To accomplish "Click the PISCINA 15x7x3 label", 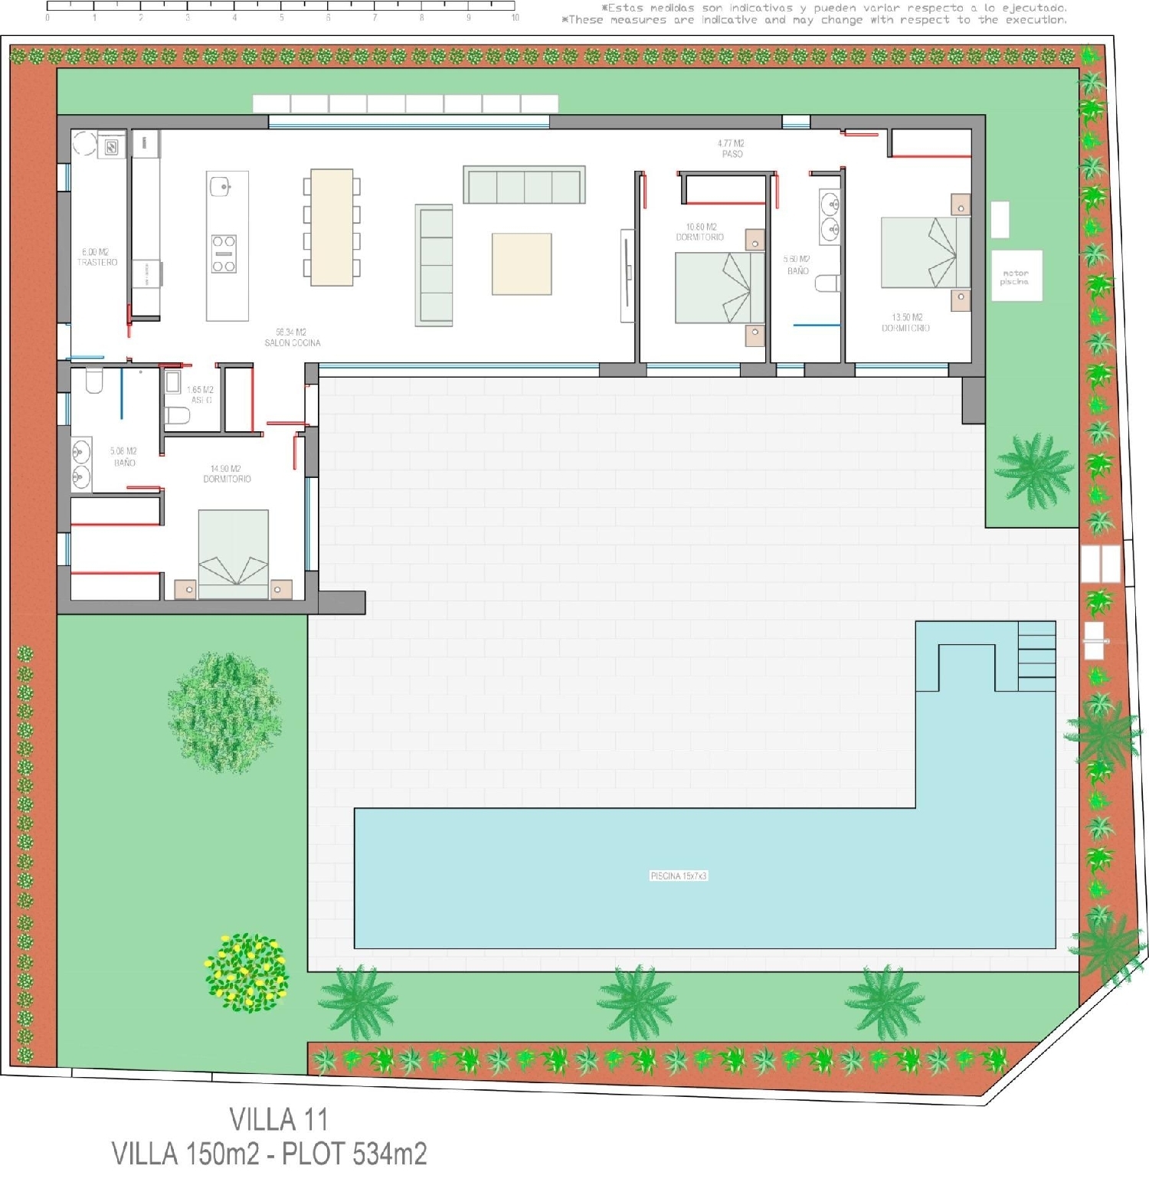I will pos(679,876).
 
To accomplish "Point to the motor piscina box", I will pos(1016,276).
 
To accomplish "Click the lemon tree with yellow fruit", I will pos(247,971).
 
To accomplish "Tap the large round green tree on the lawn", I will pos(224,710).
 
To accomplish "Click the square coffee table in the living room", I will pos(522,264).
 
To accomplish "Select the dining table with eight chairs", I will pos(332,227).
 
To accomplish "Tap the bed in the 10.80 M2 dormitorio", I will pos(719,287).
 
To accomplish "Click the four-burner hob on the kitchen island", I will pos(224,254).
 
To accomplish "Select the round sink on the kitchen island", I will pos(221,185).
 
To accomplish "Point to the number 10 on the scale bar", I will pos(515,17).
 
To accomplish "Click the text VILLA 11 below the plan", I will pos(279,1120).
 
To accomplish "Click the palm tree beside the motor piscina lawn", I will pos(1034,470).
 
